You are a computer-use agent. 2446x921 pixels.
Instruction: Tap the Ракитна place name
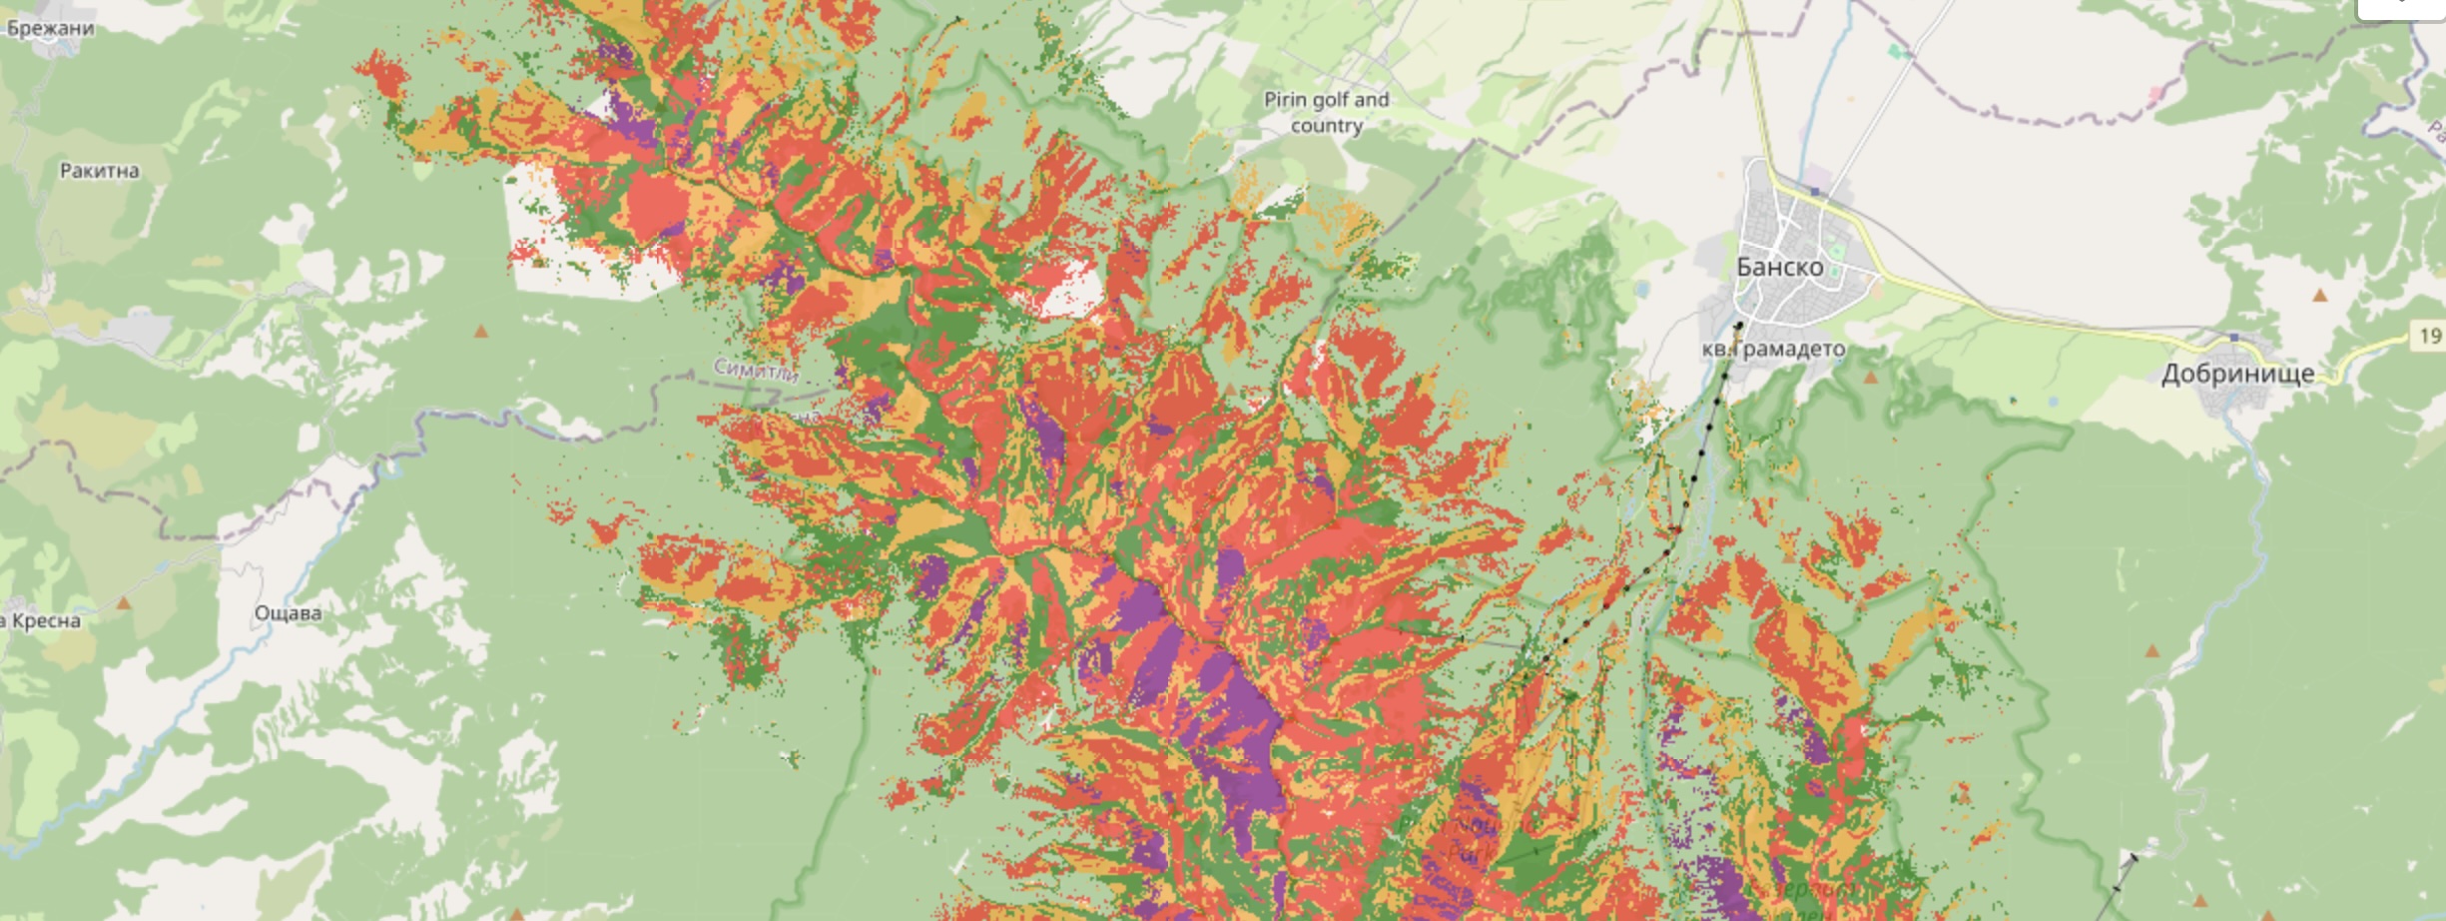coord(99,171)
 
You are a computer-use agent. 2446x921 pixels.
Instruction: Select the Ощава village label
coord(288,613)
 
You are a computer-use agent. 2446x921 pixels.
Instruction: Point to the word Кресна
coord(46,620)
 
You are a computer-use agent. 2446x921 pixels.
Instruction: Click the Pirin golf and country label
coord(1326,112)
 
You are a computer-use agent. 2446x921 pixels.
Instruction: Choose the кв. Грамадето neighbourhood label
coord(1773,349)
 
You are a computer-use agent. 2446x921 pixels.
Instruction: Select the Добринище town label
coord(2237,374)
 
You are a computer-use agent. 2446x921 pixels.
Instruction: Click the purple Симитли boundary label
coord(756,371)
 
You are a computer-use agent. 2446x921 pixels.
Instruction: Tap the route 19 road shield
coord(2430,336)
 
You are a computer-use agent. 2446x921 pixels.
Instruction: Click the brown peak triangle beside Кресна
coord(123,603)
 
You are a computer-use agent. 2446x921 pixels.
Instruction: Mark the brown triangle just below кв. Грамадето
coord(1870,378)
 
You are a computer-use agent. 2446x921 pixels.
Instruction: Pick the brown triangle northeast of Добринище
coord(2319,296)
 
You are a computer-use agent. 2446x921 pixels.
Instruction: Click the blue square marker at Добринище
coord(2233,337)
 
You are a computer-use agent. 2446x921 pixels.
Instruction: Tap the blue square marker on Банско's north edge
coord(1814,190)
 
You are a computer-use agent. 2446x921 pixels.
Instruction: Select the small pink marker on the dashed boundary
coord(2155,93)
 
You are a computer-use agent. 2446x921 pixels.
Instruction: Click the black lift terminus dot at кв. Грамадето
coord(1738,325)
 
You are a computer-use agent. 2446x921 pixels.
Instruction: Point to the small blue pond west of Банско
coord(1642,291)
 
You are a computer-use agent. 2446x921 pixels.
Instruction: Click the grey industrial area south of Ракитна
coord(140,331)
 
